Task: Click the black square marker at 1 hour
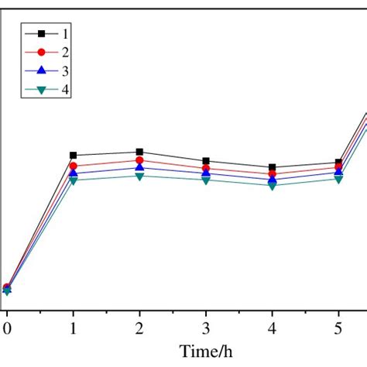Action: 74,156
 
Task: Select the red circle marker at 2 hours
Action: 139,160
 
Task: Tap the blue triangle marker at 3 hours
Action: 206,173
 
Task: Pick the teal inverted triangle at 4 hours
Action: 272,186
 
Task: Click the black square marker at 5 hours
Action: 338,163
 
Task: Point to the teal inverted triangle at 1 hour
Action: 74,180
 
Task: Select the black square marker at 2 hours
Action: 139,153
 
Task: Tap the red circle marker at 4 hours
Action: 272,174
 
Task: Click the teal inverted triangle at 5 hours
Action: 338,180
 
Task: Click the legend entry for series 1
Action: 54,33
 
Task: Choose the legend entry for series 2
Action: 54,52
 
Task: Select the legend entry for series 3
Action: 54,70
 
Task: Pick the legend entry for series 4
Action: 54,89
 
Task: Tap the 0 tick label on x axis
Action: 7,327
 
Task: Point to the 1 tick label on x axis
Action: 74,327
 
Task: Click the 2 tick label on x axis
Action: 139,327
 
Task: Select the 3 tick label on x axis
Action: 206,327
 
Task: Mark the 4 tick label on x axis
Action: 272,327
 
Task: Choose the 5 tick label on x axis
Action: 338,327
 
